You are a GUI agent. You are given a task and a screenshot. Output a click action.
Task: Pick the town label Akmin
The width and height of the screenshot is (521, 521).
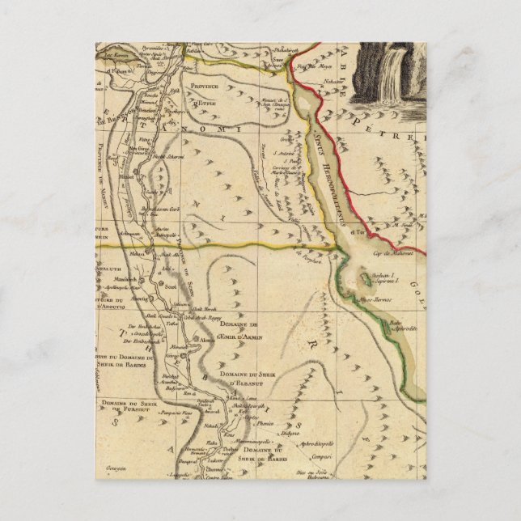(x=206, y=341)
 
